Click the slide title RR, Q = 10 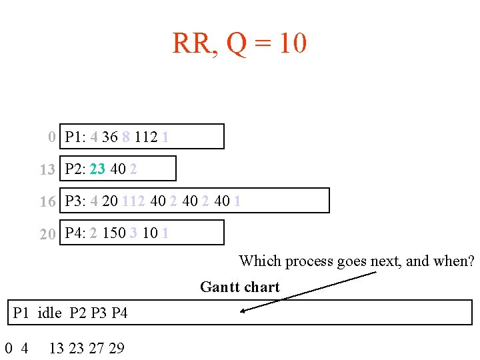[x=239, y=44]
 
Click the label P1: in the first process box [x=75, y=137]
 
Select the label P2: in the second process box [x=75, y=169]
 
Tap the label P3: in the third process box [x=75, y=201]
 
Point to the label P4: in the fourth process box [x=75, y=233]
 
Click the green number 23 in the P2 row [x=97, y=169]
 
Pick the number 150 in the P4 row [x=113, y=233]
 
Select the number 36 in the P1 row [x=110, y=137]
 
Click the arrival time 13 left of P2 [x=47, y=170]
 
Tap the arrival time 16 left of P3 [x=47, y=202]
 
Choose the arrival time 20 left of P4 [x=47, y=234]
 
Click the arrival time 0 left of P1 [x=52, y=138]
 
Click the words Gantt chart [x=239, y=287]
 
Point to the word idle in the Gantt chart [x=50, y=313]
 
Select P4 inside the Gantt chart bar [x=119, y=313]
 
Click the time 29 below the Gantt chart [x=116, y=347]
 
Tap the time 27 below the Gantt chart [x=97, y=347]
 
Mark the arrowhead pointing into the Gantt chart [x=244, y=310]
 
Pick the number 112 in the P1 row [x=145, y=137]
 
